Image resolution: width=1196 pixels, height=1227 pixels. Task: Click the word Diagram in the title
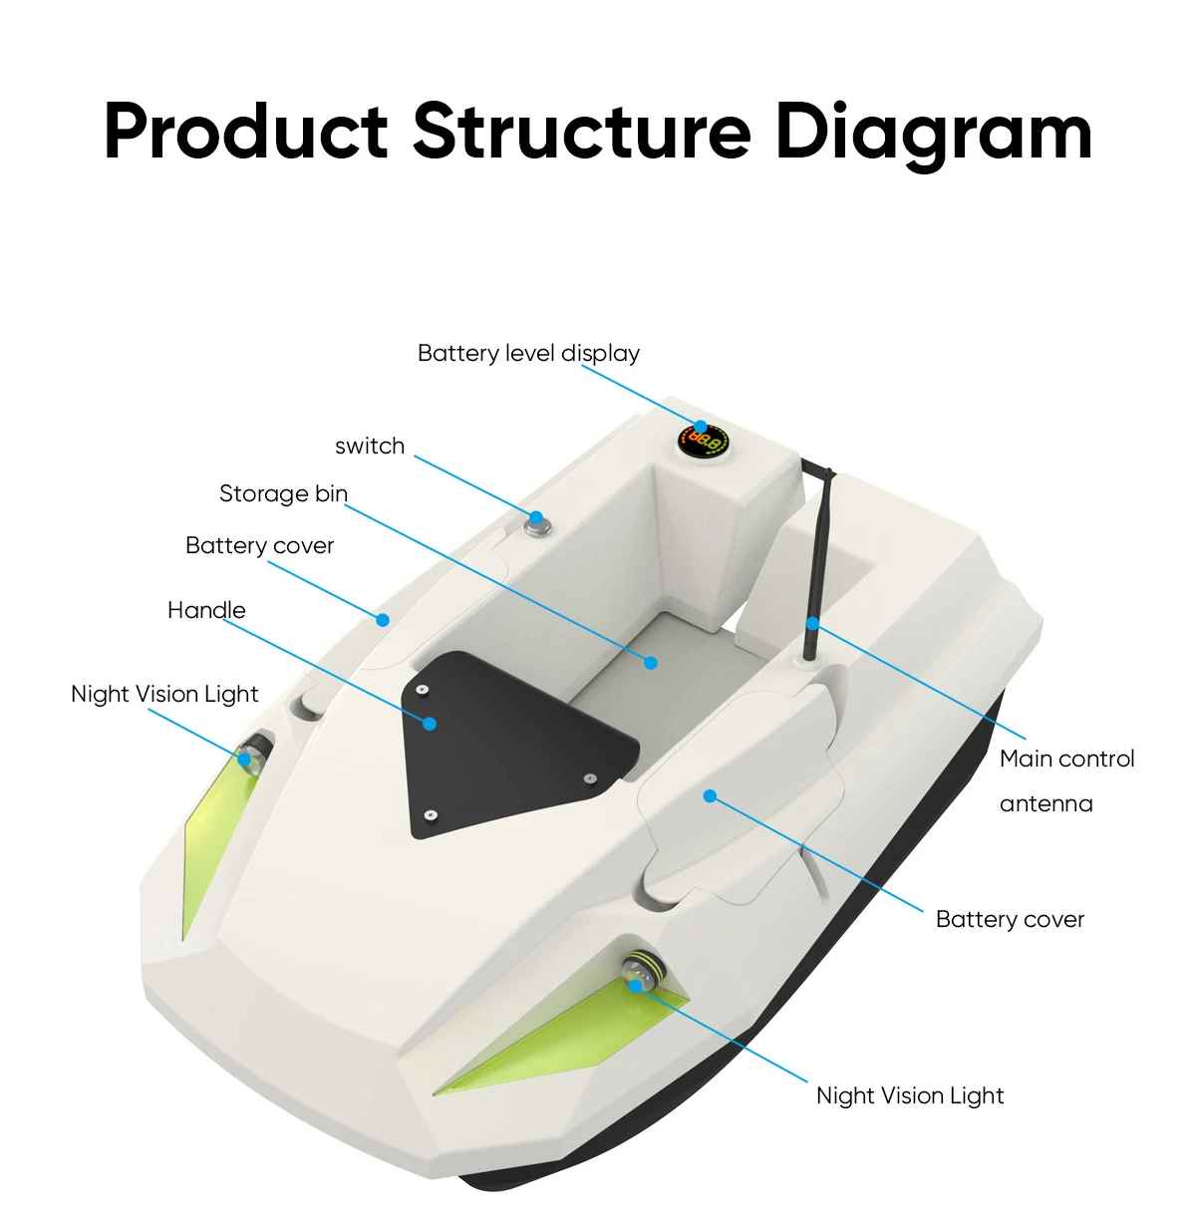click(933, 133)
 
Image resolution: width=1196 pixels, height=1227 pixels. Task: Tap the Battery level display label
click(528, 353)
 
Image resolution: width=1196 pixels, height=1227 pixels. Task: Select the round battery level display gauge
click(704, 440)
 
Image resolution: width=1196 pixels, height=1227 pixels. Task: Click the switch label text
click(370, 446)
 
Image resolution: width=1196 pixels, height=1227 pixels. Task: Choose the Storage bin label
click(283, 493)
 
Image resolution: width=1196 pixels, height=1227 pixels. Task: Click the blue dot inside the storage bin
click(651, 662)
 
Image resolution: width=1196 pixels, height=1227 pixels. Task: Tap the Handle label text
click(206, 610)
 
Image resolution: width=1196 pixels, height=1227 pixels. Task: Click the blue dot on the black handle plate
click(430, 723)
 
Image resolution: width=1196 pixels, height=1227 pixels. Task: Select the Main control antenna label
click(1066, 780)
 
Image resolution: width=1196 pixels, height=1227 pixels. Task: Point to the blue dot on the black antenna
click(812, 624)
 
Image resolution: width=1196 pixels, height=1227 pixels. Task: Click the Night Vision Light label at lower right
click(909, 1095)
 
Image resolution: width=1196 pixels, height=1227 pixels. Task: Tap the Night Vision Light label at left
click(164, 694)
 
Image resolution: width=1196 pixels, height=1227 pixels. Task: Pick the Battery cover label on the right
click(1010, 919)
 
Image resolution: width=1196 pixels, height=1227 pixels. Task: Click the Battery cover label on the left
click(259, 545)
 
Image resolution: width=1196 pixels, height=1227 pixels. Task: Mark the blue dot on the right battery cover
click(710, 795)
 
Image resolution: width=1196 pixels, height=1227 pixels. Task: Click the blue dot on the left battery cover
click(382, 619)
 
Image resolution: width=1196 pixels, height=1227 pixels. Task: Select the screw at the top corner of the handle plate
click(423, 690)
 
